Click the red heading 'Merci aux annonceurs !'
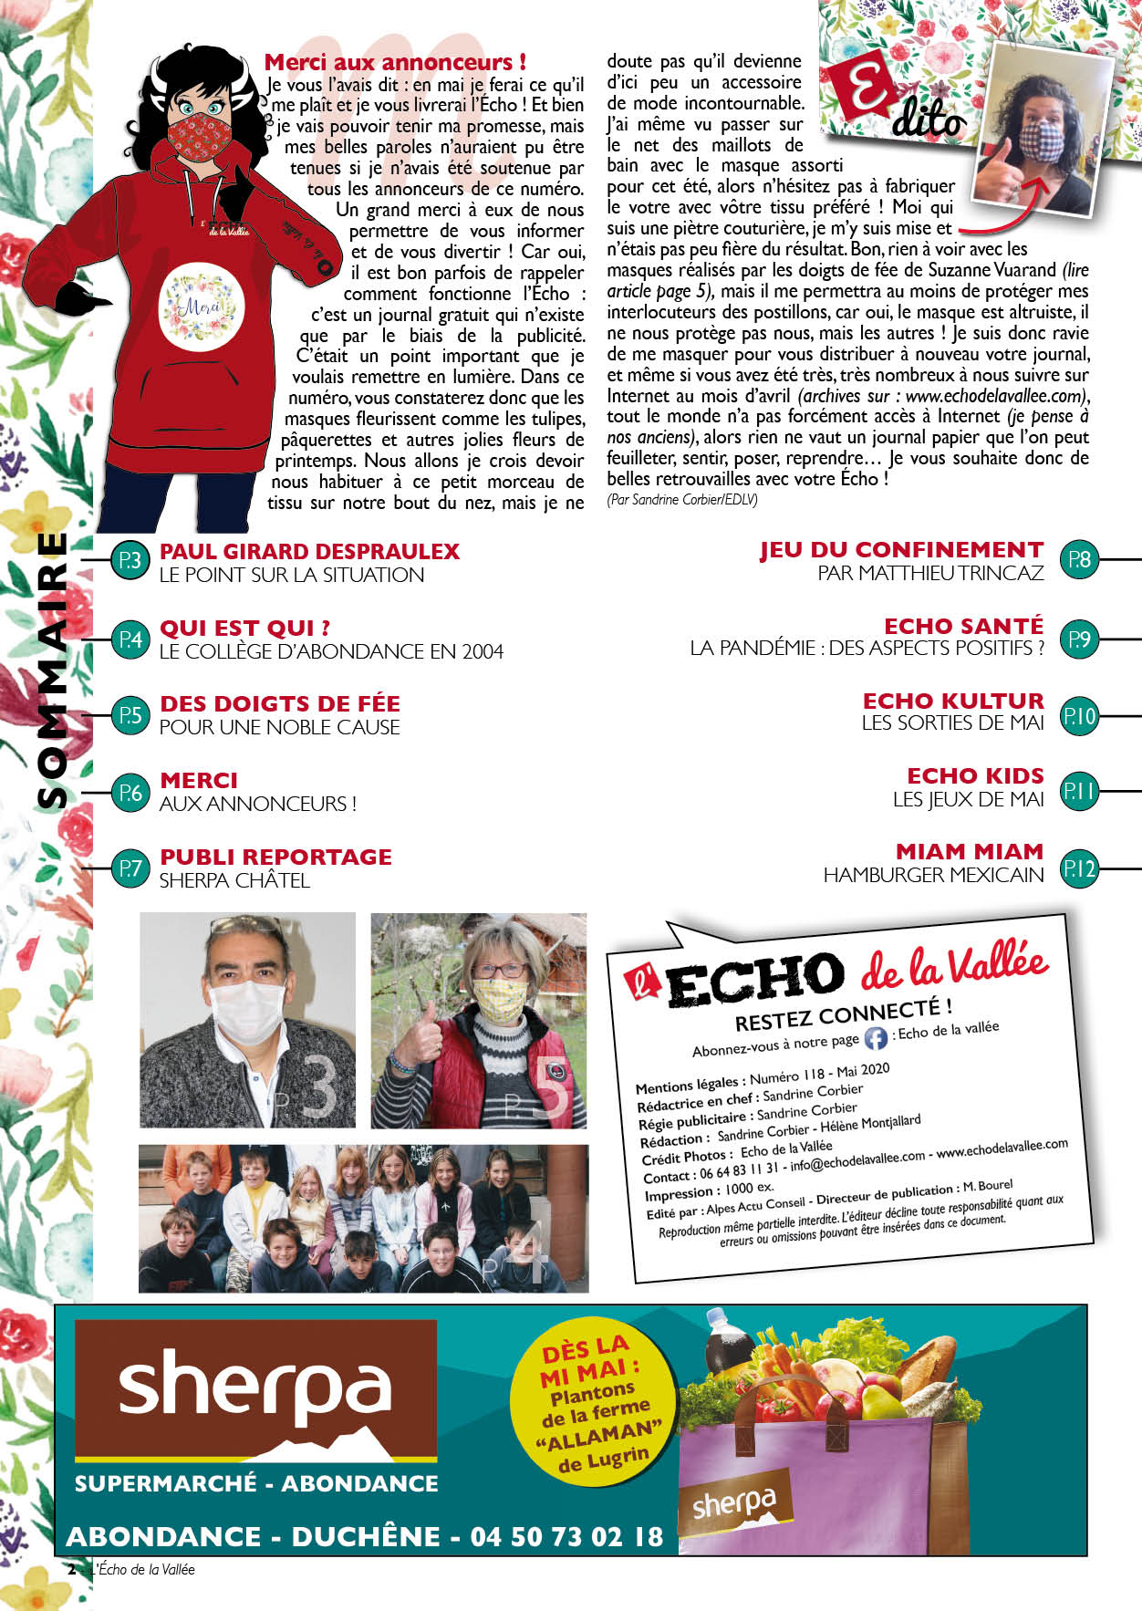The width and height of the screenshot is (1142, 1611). click(395, 62)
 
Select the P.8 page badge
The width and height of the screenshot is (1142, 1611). click(1079, 559)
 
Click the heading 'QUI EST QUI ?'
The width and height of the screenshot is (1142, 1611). click(244, 628)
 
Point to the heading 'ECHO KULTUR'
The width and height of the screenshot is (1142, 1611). click(953, 701)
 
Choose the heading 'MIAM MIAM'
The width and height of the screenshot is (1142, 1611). click(969, 851)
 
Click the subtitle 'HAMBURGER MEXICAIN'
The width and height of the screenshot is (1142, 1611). click(933, 875)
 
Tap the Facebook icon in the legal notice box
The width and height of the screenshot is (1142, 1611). click(876, 1038)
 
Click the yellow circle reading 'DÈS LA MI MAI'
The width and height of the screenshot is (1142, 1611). click(595, 1406)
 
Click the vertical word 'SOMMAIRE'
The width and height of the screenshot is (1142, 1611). click(52, 670)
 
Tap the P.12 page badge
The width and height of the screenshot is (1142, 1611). click(1079, 868)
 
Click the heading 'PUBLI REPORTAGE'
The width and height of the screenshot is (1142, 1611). click(275, 857)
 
